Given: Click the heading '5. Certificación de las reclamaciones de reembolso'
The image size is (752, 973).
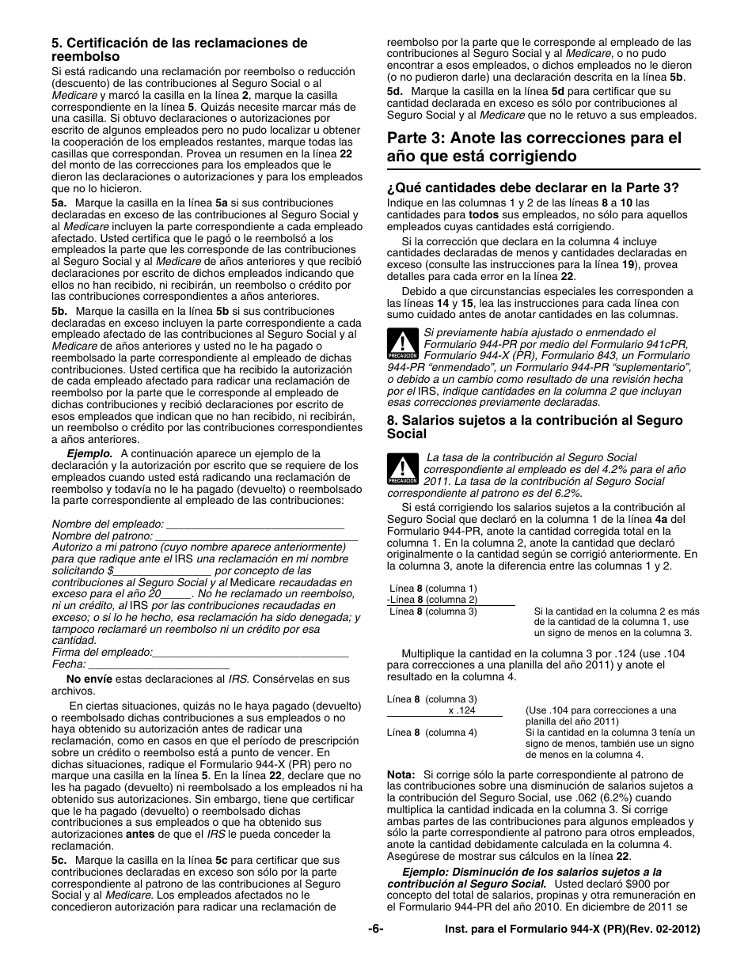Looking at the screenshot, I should [x=179, y=50].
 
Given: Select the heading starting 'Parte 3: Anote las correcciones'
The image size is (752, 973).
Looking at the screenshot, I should [x=534, y=147].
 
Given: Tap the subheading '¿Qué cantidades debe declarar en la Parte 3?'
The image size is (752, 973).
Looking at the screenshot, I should [x=533, y=188].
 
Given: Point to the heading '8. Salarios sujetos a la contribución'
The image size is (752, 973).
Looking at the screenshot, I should [x=534, y=427].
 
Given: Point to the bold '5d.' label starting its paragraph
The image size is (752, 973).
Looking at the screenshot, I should [x=395, y=91].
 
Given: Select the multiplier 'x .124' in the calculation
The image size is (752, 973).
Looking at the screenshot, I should [x=461, y=710].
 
